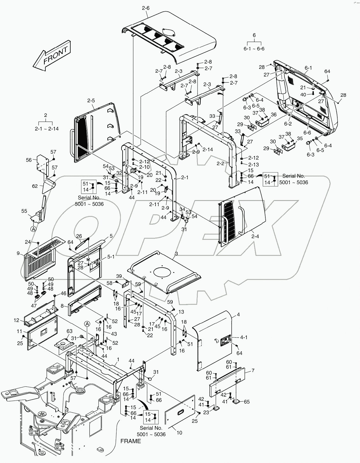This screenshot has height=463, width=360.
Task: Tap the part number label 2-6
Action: [146, 8]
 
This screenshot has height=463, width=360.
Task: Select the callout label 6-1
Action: [308, 68]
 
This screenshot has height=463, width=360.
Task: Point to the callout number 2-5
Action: [91, 101]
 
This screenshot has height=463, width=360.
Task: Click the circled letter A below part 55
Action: [33, 229]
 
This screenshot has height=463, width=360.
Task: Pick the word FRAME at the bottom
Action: [131, 441]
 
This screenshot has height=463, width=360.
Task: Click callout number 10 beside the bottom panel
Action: [179, 433]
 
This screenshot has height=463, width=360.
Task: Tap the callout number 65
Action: [247, 402]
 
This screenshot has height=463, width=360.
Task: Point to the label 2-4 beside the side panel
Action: [255, 236]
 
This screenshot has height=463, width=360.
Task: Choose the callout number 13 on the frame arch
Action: [181, 312]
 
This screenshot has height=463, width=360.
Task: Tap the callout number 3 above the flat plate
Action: [176, 253]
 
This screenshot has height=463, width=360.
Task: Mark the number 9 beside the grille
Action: [18, 253]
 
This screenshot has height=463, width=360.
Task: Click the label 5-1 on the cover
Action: [111, 257]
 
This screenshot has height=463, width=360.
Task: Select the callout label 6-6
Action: [307, 133]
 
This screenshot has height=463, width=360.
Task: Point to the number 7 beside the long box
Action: [253, 370]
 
